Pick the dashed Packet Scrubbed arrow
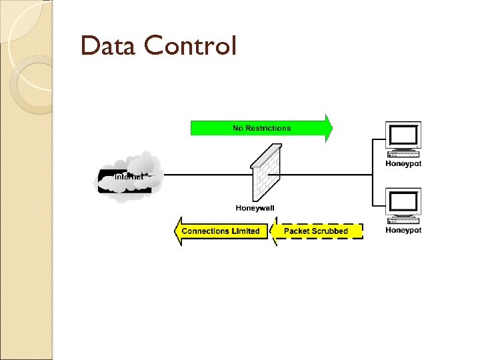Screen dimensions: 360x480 (317, 231)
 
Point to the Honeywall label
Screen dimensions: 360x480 (255, 208)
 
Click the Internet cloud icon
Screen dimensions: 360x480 (131, 175)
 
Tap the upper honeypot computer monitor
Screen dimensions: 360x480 (403, 137)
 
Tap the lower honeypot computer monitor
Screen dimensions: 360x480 (403, 203)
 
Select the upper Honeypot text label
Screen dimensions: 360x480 (403, 164)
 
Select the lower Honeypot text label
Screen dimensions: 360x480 (403, 231)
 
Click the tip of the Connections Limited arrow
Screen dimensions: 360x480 (177, 231)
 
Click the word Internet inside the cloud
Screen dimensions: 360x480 (129, 177)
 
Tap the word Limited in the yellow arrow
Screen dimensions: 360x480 (246, 231)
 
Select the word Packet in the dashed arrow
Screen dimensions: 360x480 (297, 231)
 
